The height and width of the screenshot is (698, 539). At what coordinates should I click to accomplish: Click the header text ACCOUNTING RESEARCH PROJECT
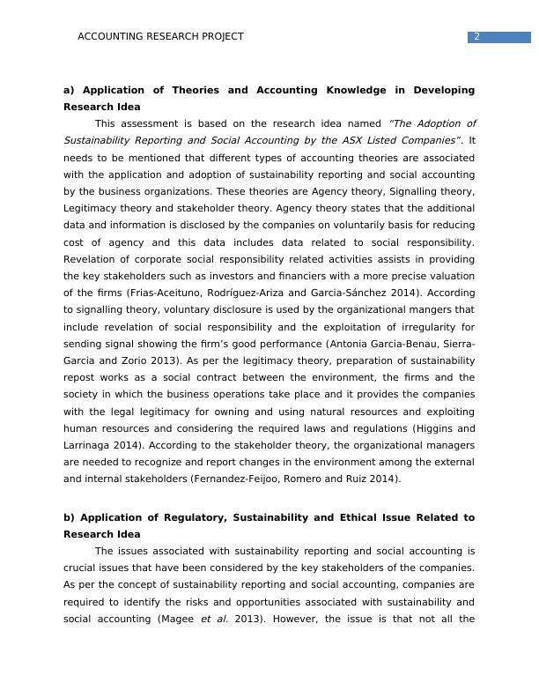[x=160, y=37]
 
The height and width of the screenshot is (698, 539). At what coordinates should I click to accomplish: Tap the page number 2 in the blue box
[x=476, y=37]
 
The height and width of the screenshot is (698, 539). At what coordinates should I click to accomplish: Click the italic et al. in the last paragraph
[x=214, y=619]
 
